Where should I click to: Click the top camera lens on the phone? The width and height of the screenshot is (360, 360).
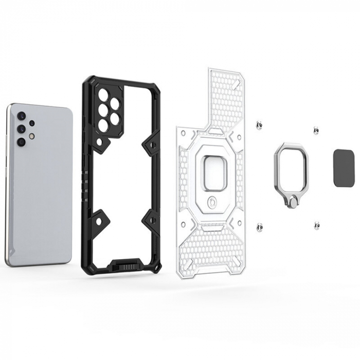click(22, 115)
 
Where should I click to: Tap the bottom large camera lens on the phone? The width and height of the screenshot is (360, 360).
click(21, 141)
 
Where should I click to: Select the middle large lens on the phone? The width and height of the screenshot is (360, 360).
click(22, 128)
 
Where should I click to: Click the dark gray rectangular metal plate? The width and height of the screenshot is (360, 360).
click(342, 168)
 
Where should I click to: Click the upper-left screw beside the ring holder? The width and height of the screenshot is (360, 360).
click(260, 125)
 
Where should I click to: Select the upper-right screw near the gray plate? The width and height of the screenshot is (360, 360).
click(316, 131)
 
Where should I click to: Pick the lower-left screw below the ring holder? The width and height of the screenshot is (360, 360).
click(260, 226)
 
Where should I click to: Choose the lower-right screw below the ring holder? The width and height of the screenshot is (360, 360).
click(316, 225)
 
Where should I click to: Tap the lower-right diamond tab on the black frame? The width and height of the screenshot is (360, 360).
click(153, 220)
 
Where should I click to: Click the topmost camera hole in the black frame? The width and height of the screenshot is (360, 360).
click(104, 95)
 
